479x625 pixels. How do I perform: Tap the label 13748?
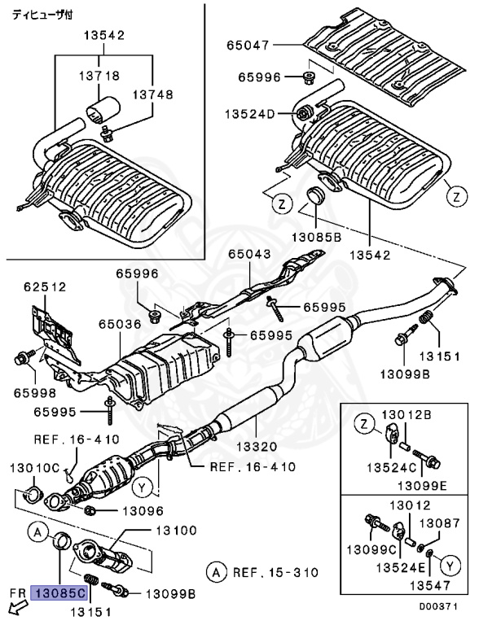tap(155, 94)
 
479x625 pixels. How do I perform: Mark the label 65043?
tap(249, 255)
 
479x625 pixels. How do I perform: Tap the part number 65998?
tap(35, 391)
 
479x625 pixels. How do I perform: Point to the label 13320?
tap(257, 446)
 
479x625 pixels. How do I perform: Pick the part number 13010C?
tap(35, 468)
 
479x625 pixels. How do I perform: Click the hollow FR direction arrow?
tap(14, 607)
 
